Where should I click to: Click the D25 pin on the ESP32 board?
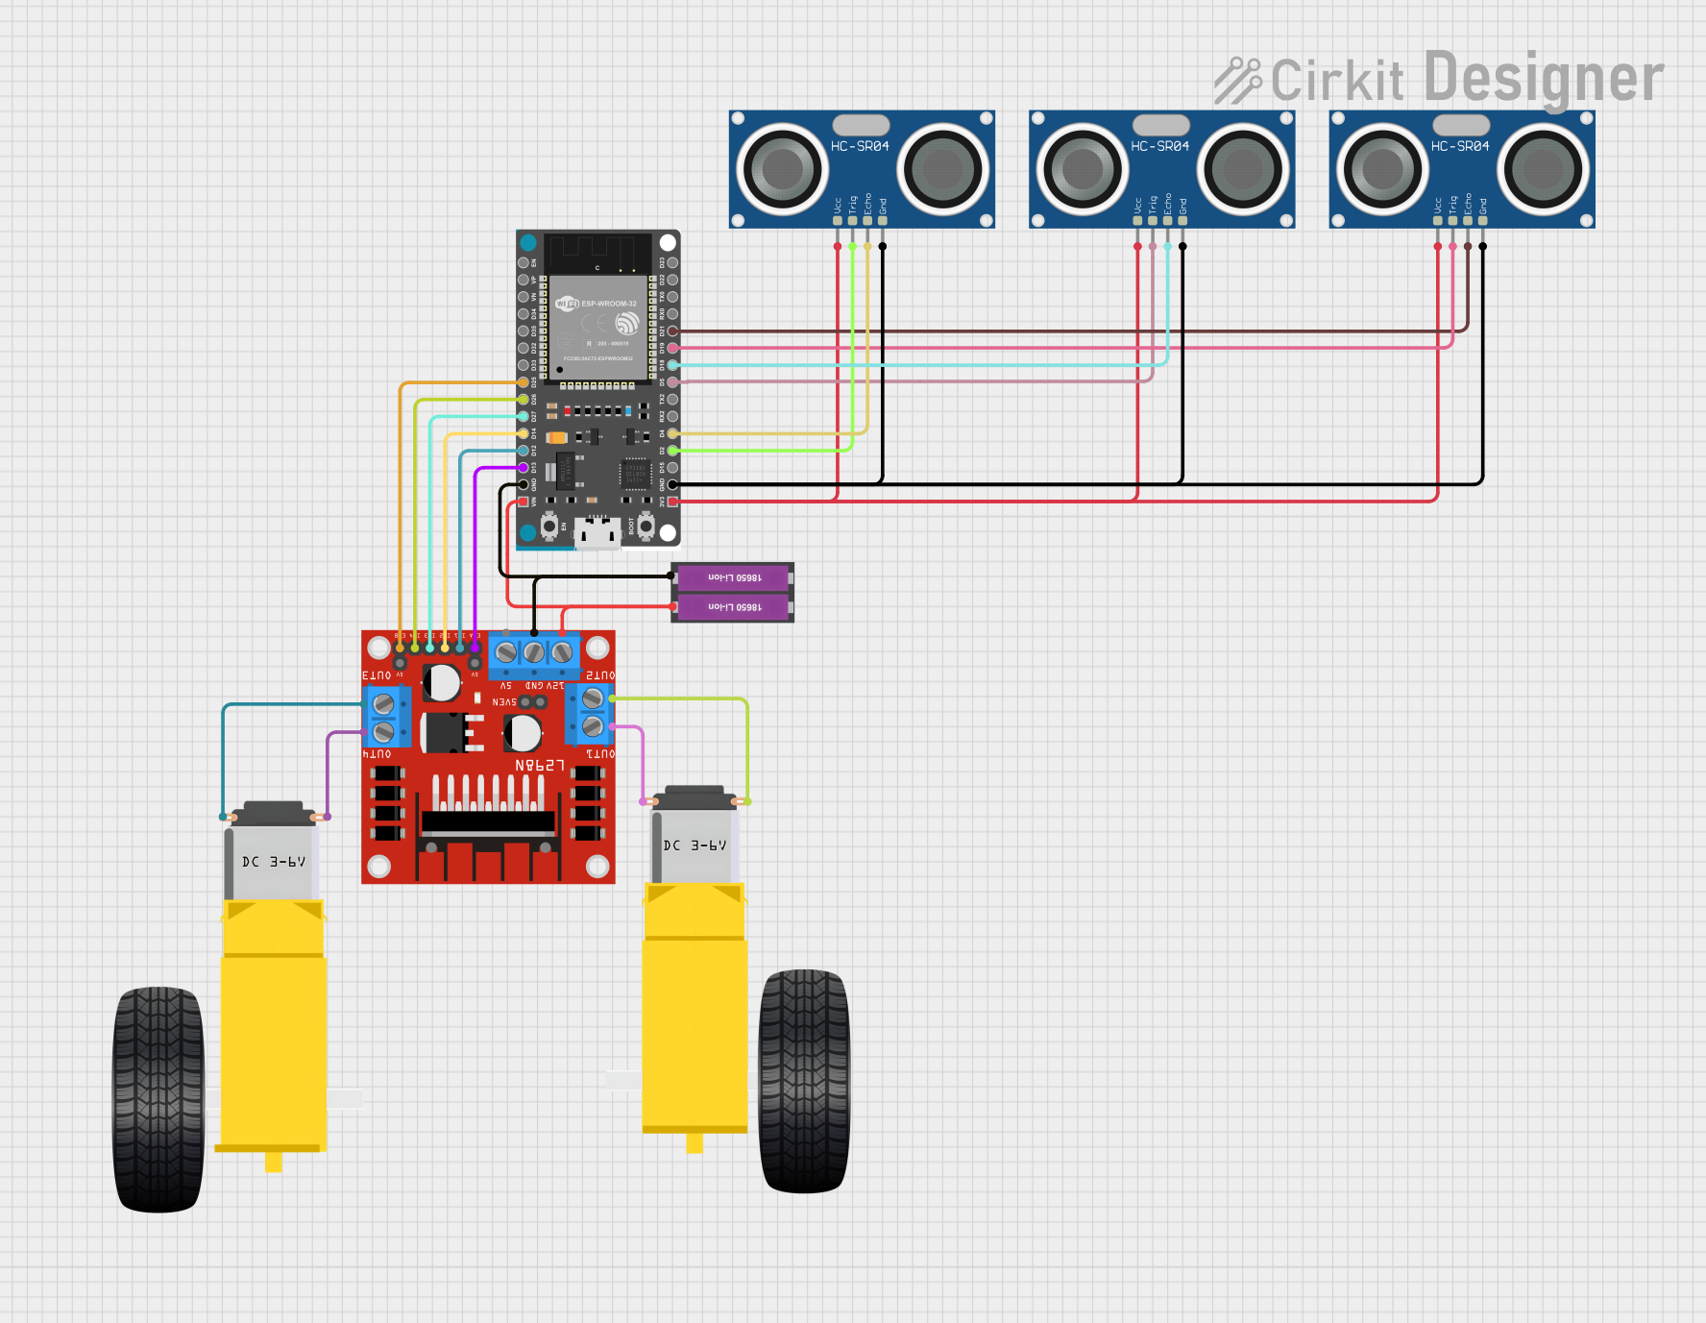pyautogui.click(x=524, y=382)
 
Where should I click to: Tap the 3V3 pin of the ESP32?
pyautogui.click(x=672, y=502)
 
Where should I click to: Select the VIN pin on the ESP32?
pyautogui.click(x=524, y=502)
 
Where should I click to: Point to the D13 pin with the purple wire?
pyautogui.click(x=524, y=468)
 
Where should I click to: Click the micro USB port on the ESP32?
pyautogui.click(x=597, y=533)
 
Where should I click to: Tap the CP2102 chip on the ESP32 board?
pyautogui.click(x=636, y=474)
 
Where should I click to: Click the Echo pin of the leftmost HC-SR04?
pyautogui.click(x=867, y=221)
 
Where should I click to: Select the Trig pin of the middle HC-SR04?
pyautogui.click(x=1153, y=221)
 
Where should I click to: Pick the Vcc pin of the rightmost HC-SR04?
pyautogui.click(x=1438, y=221)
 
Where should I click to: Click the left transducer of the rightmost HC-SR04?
pyautogui.click(x=1383, y=170)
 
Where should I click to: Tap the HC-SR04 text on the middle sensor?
pyautogui.click(x=1159, y=146)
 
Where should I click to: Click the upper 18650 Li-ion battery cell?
pyautogui.click(x=734, y=577)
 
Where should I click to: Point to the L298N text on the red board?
pyautogui.click(x=540, y=766)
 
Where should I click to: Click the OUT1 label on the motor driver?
pyautogui.click(x=600, y=754)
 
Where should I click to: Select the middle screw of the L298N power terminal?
pyautogui.click(x=534, y=653)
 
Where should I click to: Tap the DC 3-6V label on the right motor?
pyautogui.click(x=695, y=845)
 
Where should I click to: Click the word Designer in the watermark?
pyautogui.click(x=1544, y=79)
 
